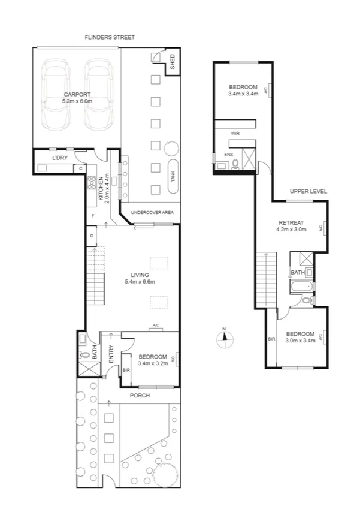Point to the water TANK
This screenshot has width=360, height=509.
pyautogui.click(x=173, y=176)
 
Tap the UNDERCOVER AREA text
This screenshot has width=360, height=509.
pyautogui.click(x=152, y=212)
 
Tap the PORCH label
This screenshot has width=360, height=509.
pyautogui.click(x=140, y=396)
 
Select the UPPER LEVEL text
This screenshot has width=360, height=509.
pyautogui.click(x=308, y=191)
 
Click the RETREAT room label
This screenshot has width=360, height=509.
pyautogui.click(x=291, y=225)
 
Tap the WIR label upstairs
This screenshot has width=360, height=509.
pyautogui.click(x=235, y=134)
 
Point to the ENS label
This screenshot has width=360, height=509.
pyautogui.click(x=228, y=155)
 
